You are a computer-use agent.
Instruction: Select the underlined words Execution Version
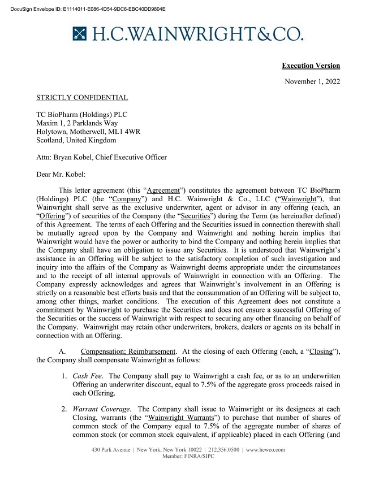(311, 66)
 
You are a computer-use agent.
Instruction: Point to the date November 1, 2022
(312, 82)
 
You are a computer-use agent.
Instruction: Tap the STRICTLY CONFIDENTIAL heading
(81, 98)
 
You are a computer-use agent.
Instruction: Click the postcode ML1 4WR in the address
(127, 131)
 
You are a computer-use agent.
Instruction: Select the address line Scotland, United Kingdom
(76, 140)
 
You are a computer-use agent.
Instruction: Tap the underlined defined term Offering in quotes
(54, 218)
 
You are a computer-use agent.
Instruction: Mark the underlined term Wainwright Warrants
(187, 418)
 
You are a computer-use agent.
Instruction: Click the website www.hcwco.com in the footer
(264, 450)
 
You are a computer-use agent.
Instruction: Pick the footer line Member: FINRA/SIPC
(188, 456)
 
